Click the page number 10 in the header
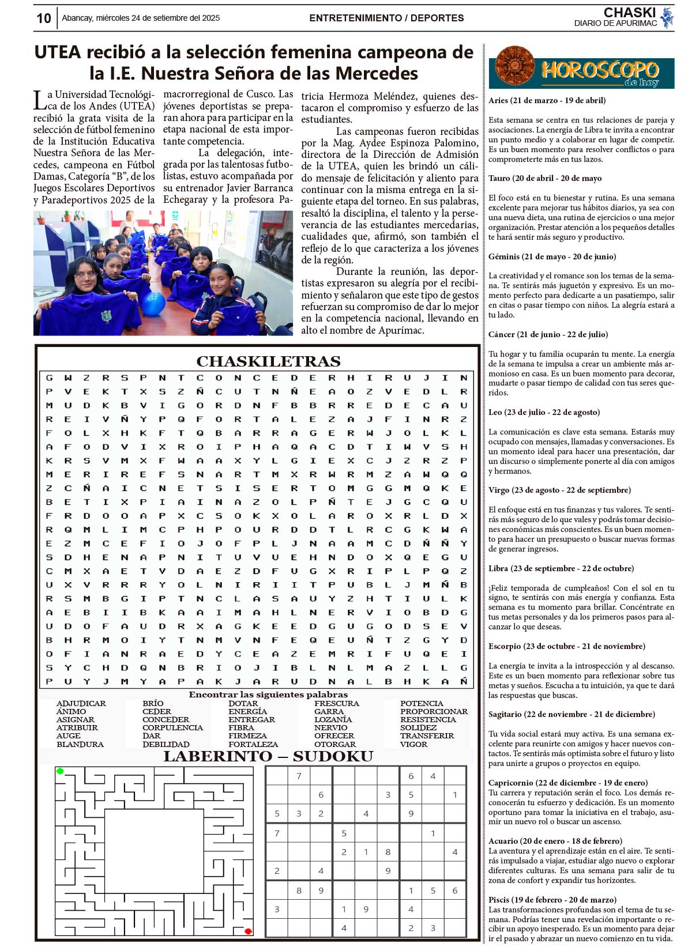pyautogui.click(x=44, y=18)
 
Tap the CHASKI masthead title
pyautogui.click(x=629, y=13)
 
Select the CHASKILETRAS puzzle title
pyautogui.click(x=268, y=361)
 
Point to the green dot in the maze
pyautogui.click(x=60, y=771)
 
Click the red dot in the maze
pyautogui.click(x=248, y=931)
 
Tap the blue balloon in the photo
pyautogui.click(x=153, y=304)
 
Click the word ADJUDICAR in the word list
pyautogui.click(x=81, y=704)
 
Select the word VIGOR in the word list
pyautogui.click(x=413, y=744)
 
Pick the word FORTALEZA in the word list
pyautogui.click(x=253, y=744)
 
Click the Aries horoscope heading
pyautogui.click(x=547, y=100)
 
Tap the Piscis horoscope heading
pyautogui.click(x=552, y=900)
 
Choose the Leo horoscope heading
pyautogui.click(x=544, y=412)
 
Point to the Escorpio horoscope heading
pyautogui.click(x=566, y=646)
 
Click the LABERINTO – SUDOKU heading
pyautogui.click(x=268, y=757)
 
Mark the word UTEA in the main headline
pyautogui.click(x=58, y=52)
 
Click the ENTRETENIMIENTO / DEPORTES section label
pyautogui.click(x=386, y=18)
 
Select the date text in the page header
pyautogui.click(x=141, y=18)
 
